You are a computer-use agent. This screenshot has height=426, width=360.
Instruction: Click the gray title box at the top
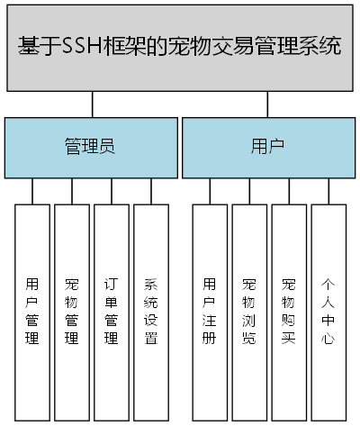click(180, 47)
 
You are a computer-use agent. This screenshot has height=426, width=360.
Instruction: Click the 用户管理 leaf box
click(32, 312)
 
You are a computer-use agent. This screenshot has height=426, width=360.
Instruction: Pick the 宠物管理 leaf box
click(72, 312)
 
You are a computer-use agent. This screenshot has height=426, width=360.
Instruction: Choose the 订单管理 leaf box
click(112, 312)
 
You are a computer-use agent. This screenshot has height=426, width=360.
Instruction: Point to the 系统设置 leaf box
click(151, 312)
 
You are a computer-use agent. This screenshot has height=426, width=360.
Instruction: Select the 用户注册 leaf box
click(210, 312)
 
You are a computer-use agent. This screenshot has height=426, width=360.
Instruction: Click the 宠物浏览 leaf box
click(249, 312)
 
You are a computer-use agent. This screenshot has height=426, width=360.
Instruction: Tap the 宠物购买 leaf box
click(289, 312)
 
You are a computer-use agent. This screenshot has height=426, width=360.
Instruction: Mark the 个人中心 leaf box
click(328, 312)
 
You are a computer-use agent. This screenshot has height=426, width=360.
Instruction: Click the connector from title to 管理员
click(92, 104)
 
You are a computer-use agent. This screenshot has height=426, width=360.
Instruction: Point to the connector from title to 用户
click(268, 104)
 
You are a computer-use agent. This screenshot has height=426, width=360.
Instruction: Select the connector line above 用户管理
click(32, 191)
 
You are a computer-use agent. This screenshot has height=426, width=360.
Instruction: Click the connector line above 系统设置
click(151, 191)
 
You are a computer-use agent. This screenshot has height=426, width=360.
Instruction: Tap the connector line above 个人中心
click(328, 191)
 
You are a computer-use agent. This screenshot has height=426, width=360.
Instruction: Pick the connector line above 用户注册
click(210, 191)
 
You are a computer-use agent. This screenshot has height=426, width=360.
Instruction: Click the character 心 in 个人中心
click(328, 339)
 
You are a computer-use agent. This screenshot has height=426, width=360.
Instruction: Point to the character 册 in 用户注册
click(210, 339)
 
